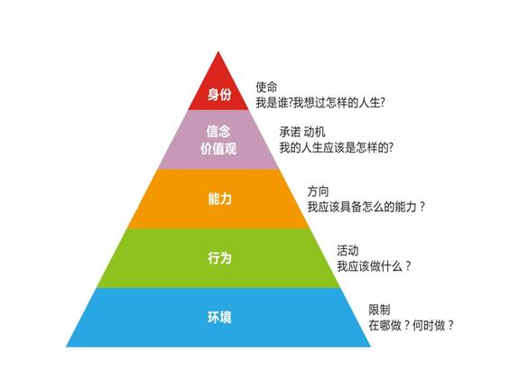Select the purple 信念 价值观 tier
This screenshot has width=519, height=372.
[218, 140]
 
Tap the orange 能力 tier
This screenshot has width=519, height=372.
[218, 199]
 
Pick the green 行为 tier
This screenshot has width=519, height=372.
[218, 258]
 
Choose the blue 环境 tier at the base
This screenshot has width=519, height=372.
[218, 318]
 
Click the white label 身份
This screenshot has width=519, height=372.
[219, 94]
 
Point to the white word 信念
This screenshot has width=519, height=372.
[218, 131]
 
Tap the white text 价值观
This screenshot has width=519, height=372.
[218, 149]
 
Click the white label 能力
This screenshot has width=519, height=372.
[219, 199]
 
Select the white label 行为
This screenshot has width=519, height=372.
[219, 258]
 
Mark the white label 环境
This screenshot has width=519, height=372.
[219, 317]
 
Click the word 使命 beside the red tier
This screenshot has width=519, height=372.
[266, 87]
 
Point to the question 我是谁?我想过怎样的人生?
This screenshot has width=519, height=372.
[320, 103]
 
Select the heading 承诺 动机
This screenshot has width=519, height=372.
[302, 132]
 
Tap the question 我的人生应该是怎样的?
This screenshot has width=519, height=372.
[337, 147]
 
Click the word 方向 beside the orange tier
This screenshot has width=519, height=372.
[318, 191]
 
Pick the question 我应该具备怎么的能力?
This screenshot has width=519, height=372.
[366, 207]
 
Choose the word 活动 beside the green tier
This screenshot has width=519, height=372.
[348, 250]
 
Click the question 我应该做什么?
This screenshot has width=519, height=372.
[374, 265]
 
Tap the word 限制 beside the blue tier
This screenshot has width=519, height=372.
[380, 310]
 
